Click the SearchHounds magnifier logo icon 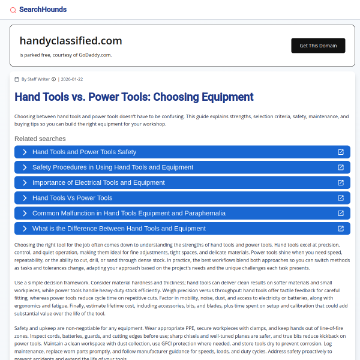click(x=13, y=10)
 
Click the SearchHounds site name click(x=43, y=10)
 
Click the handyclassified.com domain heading click(x=71, y=41)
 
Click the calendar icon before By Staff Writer click(x=17, y=79)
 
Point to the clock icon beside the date click(x=53, y=79)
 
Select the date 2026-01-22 click(x=72, y=79)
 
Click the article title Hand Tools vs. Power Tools click(x=134, y=97)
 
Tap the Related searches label click(x=40, y=139)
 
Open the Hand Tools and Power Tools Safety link click(x=84, y=152)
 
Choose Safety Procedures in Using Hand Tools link click(x=113, y=167)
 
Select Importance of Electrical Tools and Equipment click(x=98, y=182)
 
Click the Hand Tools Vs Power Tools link click(x=72, y=198)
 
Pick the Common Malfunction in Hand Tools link click(x=129, y=213)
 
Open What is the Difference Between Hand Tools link click(x=119, y=229)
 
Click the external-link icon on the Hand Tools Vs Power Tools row click(x=341, y=198)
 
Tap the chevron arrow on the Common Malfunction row click(x=25, y=213)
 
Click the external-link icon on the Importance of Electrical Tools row click(x=341, y=182)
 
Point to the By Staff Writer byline click(x=35, y=79)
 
